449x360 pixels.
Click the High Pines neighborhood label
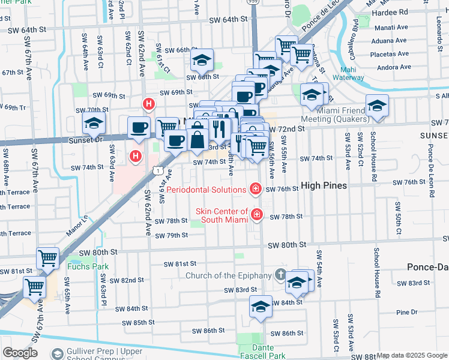click(324, 186)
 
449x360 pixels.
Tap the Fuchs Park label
click(82, 266)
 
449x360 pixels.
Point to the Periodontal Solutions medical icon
click(256, 190)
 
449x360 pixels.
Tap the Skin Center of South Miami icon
click(258, 214)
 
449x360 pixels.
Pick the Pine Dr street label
click(406, 312)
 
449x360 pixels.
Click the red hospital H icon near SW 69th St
click(148, 105)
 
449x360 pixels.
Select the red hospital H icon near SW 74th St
click(136, 157)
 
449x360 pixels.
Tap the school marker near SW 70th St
click(93, 123)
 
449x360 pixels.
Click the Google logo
click(20, 352)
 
